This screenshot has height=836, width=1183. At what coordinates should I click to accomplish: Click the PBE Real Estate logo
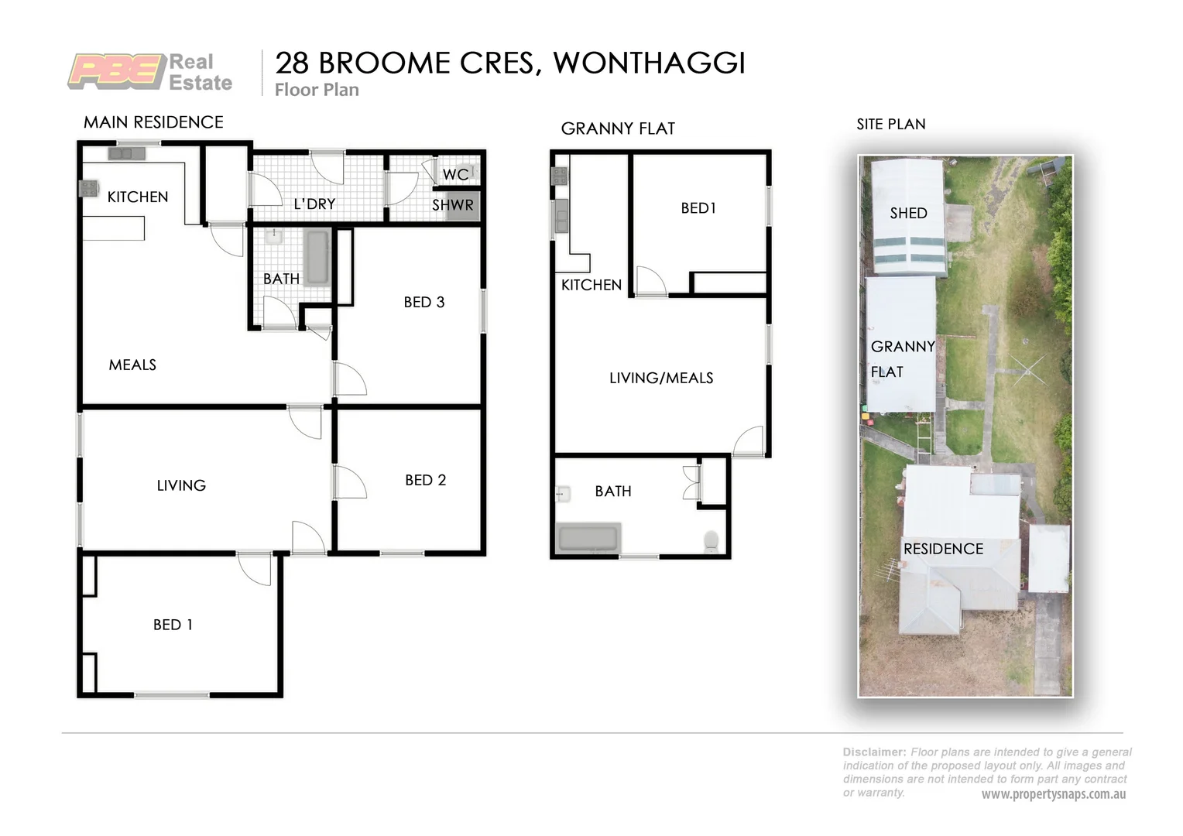point(150,72)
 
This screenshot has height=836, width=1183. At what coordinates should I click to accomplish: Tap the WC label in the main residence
point(455,174)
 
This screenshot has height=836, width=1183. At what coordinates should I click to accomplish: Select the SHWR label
point(452,205)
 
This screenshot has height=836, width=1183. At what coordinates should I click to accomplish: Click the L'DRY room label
point(314,204)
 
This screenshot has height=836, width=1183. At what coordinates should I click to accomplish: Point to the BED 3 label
point(423,302)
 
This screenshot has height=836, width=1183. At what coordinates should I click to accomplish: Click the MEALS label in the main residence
point(132,365)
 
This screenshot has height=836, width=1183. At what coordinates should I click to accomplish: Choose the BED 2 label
point(425,480)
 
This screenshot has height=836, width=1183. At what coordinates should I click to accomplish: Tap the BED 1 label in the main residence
point(173,625)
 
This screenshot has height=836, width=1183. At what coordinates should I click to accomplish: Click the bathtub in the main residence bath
point(317,258)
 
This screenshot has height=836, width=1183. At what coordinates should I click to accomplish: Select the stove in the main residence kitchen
point(88,188)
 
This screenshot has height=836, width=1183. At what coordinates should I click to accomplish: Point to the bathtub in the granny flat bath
point(588,539)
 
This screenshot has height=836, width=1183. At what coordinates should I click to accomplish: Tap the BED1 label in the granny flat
point(698,207)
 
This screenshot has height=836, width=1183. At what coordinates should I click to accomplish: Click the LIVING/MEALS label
point(661,378)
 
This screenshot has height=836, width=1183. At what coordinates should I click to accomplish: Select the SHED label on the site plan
point(908,213)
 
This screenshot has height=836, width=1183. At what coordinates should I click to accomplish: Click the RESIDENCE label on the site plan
point(943,549)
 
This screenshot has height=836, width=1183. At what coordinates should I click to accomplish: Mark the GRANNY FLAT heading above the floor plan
point(618,128)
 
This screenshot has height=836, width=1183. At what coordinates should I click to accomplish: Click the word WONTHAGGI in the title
point(649,63)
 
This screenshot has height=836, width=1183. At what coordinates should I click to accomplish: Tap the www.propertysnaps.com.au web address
point(1053,794)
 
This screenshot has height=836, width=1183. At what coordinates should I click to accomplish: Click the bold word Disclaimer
point(873,752)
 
